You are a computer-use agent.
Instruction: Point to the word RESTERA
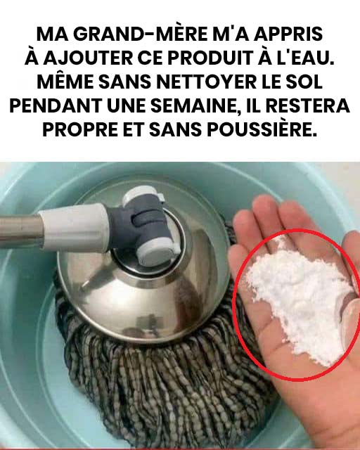pyautogui.click(x=307, y=105)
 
